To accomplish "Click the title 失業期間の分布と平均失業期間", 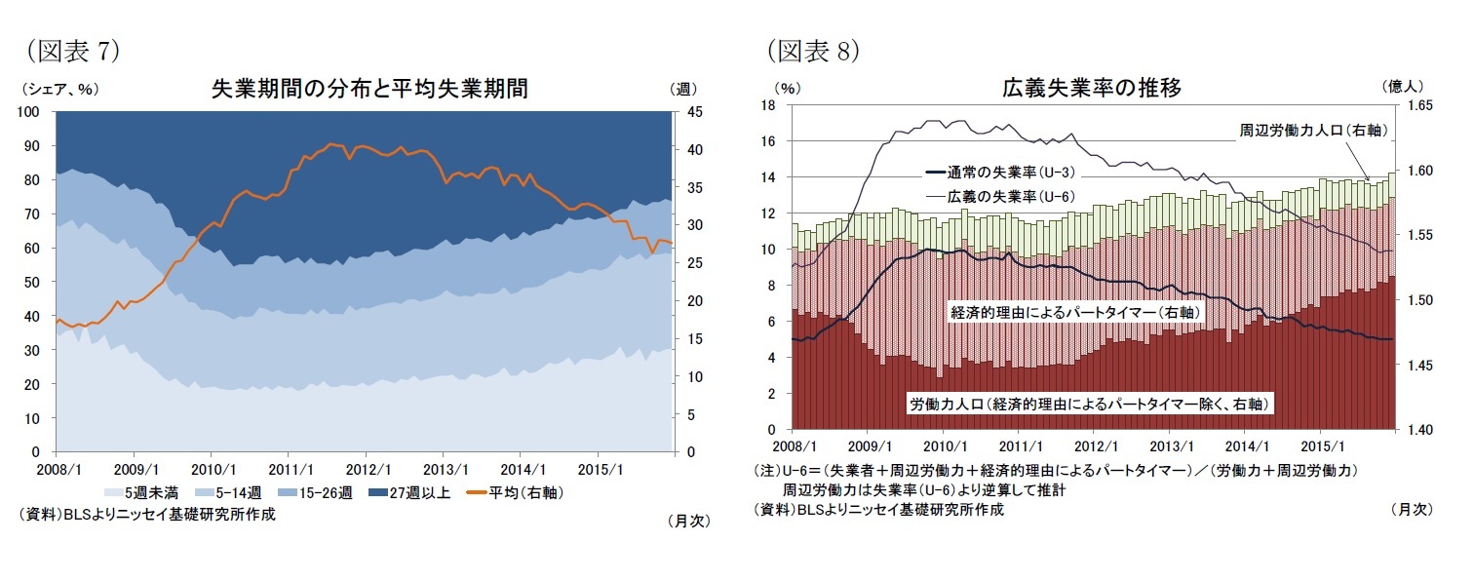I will coord(369,89).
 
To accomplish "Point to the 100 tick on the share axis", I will coord(30,112).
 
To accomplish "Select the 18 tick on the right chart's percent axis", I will coord(767,105).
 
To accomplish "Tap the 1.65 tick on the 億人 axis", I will coord(1414,105).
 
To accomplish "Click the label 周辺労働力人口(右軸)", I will coord(1312,130).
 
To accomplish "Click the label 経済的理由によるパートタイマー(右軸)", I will coord(1074,312).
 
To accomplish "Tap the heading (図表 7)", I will coord(69,50).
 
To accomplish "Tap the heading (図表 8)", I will coord(811,50).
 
